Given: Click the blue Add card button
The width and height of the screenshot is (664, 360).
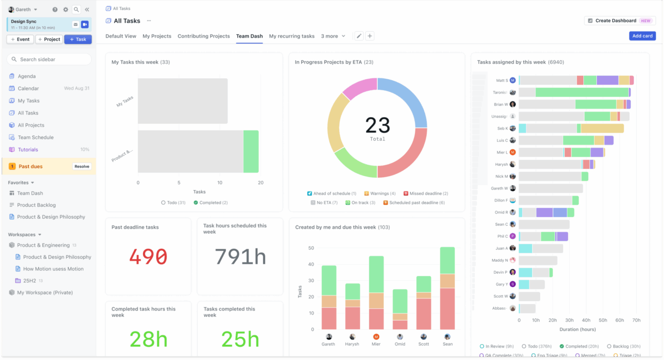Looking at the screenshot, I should pyautogui.click(x=642, y=36).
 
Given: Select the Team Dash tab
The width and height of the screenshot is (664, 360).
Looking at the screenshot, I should pyautogui.click(x=249, y=36).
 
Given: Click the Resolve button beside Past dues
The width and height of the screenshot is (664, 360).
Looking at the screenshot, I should pyautogui.click(x=82, y=166).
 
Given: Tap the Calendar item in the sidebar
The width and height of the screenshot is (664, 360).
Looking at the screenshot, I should pyautogui.click(x=28, y=89).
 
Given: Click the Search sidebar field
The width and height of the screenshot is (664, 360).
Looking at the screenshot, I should pyautogui.click(x=49, y=59).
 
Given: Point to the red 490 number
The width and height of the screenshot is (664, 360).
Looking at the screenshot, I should pyautogui.click(x=148, y=257).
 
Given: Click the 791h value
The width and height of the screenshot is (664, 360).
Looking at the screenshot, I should pyautogui.click(x=240, y=257).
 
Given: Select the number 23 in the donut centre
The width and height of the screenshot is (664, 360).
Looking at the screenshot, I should pyautogui.click(x=378, y=125).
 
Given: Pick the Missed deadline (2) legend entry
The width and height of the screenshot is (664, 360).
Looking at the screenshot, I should pyautogui.click(x=426, y=194).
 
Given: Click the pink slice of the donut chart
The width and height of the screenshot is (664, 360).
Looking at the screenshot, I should pyautogui.click(x=360, y=89).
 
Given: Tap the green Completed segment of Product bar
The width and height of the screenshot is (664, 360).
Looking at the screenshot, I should pyautogui.click(x=251, y=151).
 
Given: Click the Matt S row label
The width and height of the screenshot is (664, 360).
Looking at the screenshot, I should pyautogui.click(x=502, y=81).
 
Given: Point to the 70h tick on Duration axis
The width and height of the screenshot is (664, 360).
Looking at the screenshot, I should pyautogui.click(x=636, y=320).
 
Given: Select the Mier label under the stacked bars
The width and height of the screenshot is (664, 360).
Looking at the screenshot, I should pyautogui.click(x=377, y=344).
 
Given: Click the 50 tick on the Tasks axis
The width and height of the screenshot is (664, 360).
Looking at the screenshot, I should pyautogui.click(x=311, y=248).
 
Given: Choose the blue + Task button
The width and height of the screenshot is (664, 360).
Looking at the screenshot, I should pyautogui.click(x=78, y=39).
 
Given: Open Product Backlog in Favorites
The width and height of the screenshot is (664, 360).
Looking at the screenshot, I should pyautogui.click(x=37, y=205).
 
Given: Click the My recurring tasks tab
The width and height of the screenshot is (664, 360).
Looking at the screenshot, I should pyautogui.click(x=292, y=36).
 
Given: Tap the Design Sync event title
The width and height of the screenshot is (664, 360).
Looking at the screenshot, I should pyautogui.click(x=24, y=21).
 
